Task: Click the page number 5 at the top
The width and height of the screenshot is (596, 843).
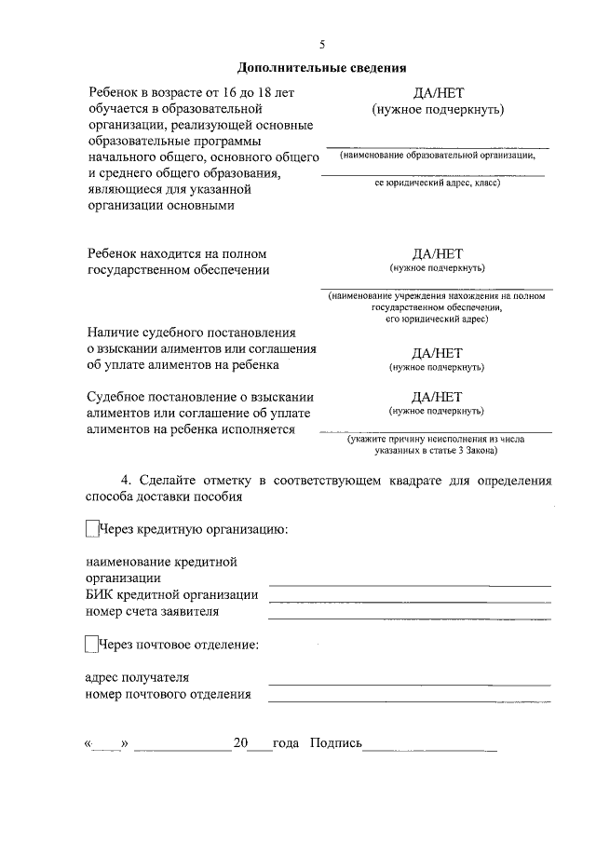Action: click(322, 45)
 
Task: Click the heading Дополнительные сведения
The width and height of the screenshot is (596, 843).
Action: click(322, 67)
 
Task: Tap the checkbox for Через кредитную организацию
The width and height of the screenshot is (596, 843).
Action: click(91, 530)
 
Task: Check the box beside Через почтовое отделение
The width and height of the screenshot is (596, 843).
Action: click(91, 644)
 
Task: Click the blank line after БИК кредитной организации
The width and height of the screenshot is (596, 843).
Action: click(410, 601)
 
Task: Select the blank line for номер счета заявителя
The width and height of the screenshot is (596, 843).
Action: click(410, 618)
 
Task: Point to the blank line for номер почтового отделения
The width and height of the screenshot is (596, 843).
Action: click(410, 700)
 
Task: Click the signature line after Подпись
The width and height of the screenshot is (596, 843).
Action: click(429, 750)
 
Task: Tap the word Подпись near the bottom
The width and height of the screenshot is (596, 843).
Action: click(335, 744)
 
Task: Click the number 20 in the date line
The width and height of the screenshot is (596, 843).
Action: click(240, 744)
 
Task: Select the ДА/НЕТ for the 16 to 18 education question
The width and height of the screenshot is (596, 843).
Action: click(438, 93)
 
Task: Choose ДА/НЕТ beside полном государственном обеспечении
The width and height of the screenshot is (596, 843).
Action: click(438, 253)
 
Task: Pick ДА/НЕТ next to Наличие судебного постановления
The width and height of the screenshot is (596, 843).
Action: click(438, 353)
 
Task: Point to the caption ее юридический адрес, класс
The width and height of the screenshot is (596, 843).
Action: click(437, 184)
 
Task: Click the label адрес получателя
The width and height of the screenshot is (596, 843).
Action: click(137, 677)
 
